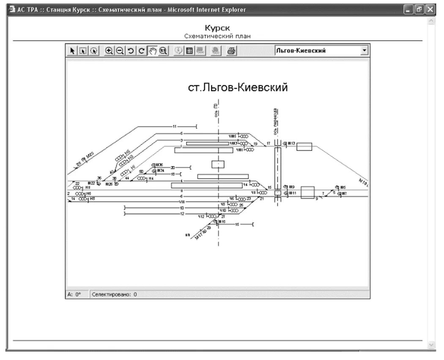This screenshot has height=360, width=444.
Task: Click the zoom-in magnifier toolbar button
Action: [109, 51]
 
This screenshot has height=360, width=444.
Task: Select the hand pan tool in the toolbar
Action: [153, 51]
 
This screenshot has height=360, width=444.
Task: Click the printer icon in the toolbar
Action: [231, 51]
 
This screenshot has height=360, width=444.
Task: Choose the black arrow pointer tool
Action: [72, 51]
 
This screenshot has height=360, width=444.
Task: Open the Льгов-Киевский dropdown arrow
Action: [365, 51]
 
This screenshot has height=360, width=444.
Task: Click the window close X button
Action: [430, 10]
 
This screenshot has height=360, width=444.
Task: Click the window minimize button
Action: [409, 10]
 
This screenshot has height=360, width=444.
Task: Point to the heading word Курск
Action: [217, 28]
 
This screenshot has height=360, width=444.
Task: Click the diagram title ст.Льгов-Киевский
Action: [238, 88]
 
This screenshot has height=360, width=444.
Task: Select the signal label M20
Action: [90, 155]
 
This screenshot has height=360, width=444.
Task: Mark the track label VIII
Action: [181, 202]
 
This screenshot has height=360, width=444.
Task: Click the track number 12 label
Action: [182, 214]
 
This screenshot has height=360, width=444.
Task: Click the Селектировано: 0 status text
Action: [114, 294]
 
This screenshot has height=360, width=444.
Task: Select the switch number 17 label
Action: [268, 144]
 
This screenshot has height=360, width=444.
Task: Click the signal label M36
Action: [159, 165]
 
